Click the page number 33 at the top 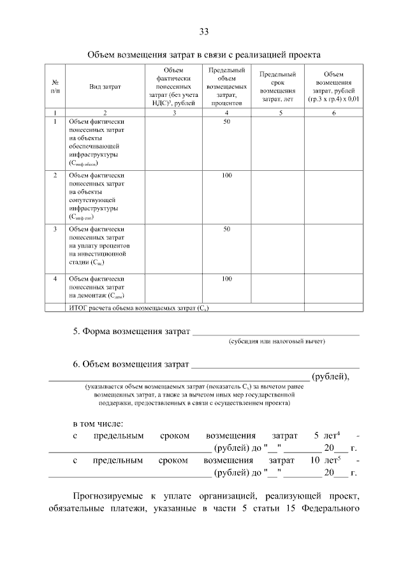click(203, 32)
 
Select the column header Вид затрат click(105, 86)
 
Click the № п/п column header click(55, 86)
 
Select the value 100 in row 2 click(227, 175)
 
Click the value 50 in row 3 click(227, 228)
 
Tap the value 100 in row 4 click(227, 279)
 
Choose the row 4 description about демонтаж click(96, 287)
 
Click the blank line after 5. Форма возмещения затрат click(275, 332)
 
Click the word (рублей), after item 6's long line click(330, 376)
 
